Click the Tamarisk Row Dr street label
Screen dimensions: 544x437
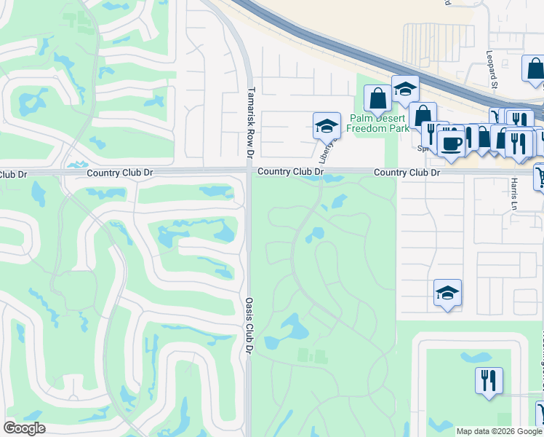(250, 124)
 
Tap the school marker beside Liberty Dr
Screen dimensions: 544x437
(327, 126)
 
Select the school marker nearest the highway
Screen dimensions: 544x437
(405, 89)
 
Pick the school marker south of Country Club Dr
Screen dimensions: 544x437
(447, 293)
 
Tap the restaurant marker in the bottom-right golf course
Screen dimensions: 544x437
(487, 380)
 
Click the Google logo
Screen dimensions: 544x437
(24, 428)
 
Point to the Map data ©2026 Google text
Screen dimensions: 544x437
(499, 431)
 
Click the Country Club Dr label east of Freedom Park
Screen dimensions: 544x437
(407, 173)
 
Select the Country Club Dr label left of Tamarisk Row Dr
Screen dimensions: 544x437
(120, 173)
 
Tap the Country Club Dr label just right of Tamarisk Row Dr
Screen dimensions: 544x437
(289, 172)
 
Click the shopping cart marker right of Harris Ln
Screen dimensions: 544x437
(540, 176)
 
